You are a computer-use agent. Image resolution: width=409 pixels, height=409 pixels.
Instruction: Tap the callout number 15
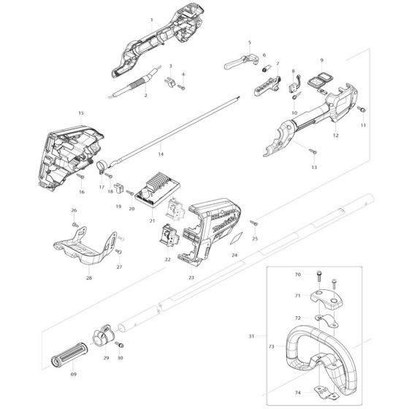(81, 113)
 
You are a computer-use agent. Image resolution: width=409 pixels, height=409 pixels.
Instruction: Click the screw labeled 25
(253, 223)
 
